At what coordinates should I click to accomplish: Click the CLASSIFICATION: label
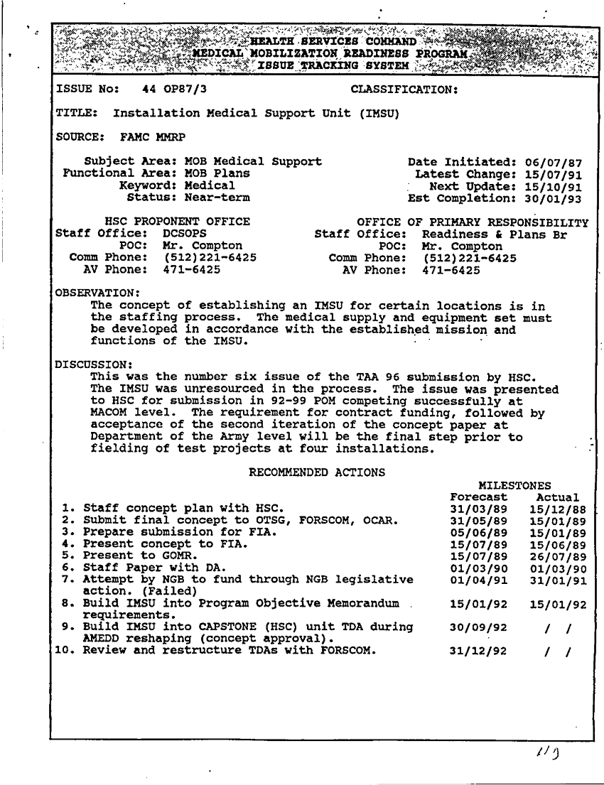click(x=404, y=90)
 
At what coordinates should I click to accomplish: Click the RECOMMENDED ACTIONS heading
click(x=317, y=472)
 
